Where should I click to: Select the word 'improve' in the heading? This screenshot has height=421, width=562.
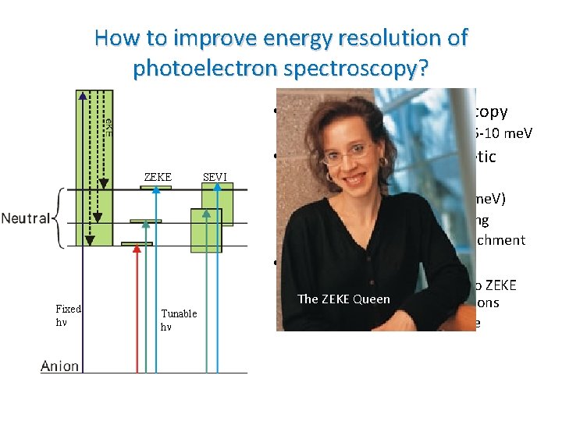[199, 37]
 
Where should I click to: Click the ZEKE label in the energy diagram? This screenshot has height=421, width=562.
[157, 177]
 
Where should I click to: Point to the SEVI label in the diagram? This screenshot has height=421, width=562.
[215, 177]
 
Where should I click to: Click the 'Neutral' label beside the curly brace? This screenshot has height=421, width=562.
[26, 220]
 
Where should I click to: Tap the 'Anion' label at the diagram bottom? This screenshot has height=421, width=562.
[59, 365]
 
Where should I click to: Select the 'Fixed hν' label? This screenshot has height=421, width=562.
[68, 314]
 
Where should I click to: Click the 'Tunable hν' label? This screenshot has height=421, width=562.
[179, 320]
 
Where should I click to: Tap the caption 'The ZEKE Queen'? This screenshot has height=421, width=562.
[344, 299]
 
